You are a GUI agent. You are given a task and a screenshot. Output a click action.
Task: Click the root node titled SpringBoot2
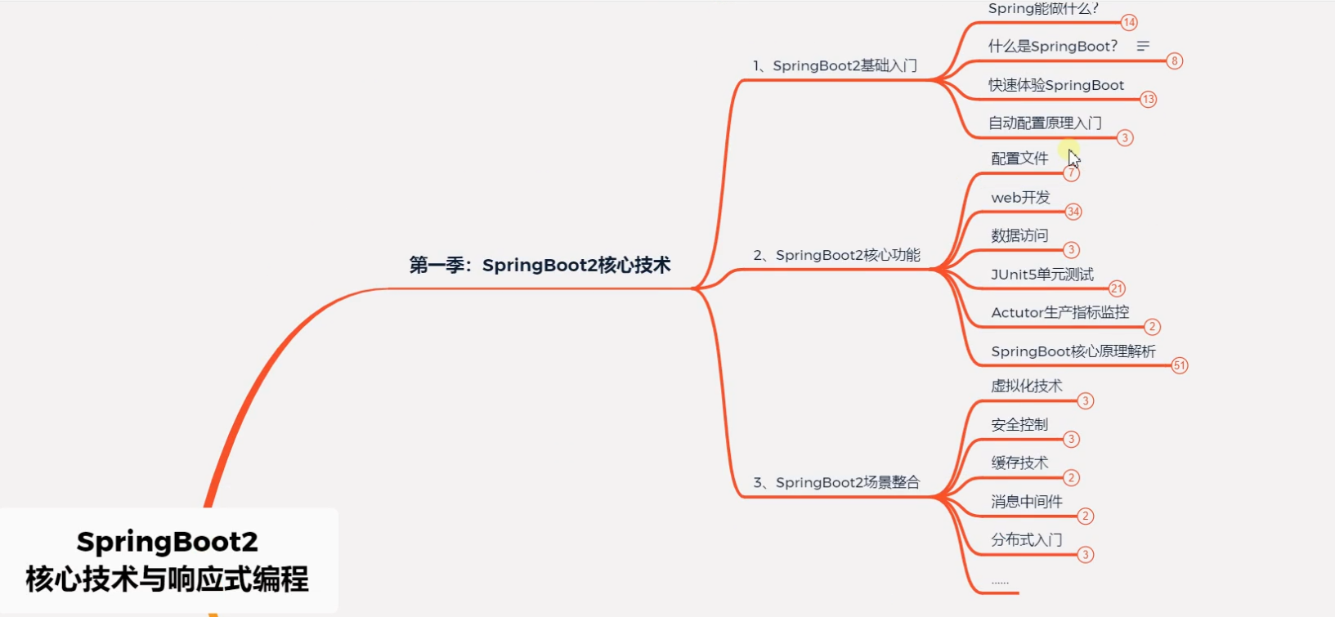[x=168, y=560]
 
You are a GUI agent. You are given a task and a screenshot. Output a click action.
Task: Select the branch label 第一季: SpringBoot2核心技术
[x=540, y=266]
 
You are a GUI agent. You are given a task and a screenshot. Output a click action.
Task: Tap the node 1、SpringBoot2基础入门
[x=835, y=66]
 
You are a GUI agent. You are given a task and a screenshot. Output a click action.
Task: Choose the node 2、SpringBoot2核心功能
[x=836, y=256]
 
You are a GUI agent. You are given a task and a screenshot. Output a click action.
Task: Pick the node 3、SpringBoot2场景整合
[x=836, y=483]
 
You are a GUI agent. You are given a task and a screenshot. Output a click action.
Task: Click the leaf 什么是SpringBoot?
[x=1052, y=47]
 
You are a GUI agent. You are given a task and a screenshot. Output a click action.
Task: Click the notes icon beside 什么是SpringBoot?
[x=1143, y=47]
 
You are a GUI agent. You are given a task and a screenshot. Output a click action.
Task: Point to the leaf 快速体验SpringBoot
[x=1055, y=85]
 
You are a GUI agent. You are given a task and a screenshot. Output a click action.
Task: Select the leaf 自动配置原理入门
[x=1045, y=123]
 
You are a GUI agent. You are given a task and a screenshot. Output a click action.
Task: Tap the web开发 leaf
[x=1020, y=198]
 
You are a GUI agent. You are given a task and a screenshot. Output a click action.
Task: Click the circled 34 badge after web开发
[x=1073, y=212]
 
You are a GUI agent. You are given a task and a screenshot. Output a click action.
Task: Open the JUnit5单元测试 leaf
[x=1042, y=275]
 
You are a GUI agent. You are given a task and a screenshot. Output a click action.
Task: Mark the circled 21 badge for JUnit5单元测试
[x=1117, y=288]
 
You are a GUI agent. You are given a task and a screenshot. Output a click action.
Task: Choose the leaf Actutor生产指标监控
[x=1059, y=313]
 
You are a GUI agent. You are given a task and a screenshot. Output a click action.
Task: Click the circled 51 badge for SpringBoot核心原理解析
[x=1179, y=365]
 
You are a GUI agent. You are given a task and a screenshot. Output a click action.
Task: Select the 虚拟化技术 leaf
[x=1026, y=387]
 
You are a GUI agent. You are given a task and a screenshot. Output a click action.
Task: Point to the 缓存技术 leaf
[x=1019, y=463]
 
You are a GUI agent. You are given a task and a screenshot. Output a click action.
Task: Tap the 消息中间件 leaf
[x=1026, y=502]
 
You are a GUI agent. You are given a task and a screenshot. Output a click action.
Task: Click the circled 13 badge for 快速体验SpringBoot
[x=1149, y=100]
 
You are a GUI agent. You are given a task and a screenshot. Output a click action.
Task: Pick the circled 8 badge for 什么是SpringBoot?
[x=1174, y=61]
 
